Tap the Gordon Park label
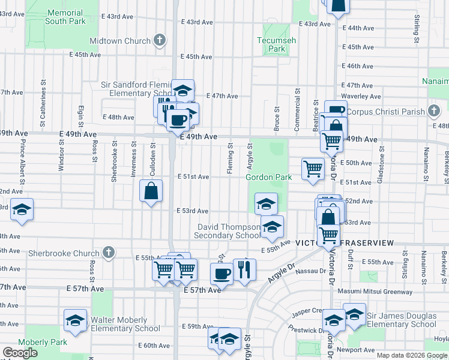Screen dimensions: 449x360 [x=268, y=177]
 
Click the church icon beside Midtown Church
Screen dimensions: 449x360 [x=159, y=41]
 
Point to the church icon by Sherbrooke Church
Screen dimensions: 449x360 [x=109, y=253]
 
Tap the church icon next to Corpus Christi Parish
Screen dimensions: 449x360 [x=433, y=111]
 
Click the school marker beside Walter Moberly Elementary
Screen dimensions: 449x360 [x=76, y=320]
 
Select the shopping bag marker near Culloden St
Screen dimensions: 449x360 [x=151, y=191]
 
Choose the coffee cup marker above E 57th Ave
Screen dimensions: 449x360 [x=221, y=274]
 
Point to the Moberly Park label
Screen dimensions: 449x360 [x=34, y=342]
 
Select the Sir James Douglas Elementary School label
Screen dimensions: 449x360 [x=402, y=320]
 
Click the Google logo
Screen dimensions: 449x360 [x=20, y=353]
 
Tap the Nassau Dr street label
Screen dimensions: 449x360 [x=310, y=272]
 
